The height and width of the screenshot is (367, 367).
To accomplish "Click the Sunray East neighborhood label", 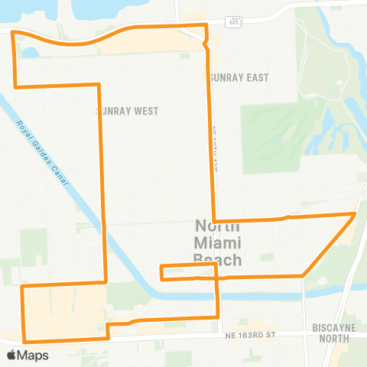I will [236, 77].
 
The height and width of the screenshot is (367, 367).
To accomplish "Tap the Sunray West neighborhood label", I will [127, 111].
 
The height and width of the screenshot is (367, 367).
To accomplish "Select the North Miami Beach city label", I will [218, 243].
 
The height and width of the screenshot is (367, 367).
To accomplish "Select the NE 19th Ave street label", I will [216, 147].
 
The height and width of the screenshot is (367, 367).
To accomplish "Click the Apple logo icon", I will [11, 355].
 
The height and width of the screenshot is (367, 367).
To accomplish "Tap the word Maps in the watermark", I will [33, 355].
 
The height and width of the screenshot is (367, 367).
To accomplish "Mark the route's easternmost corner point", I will [356, 214].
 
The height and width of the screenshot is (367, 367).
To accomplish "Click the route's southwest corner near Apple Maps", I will [24, 339].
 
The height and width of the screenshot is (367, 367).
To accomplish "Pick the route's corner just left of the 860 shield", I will [205, 26].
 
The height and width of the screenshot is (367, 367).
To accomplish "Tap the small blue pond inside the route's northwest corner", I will [31, 53].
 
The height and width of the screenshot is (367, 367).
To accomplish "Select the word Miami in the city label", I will [218, 243].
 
